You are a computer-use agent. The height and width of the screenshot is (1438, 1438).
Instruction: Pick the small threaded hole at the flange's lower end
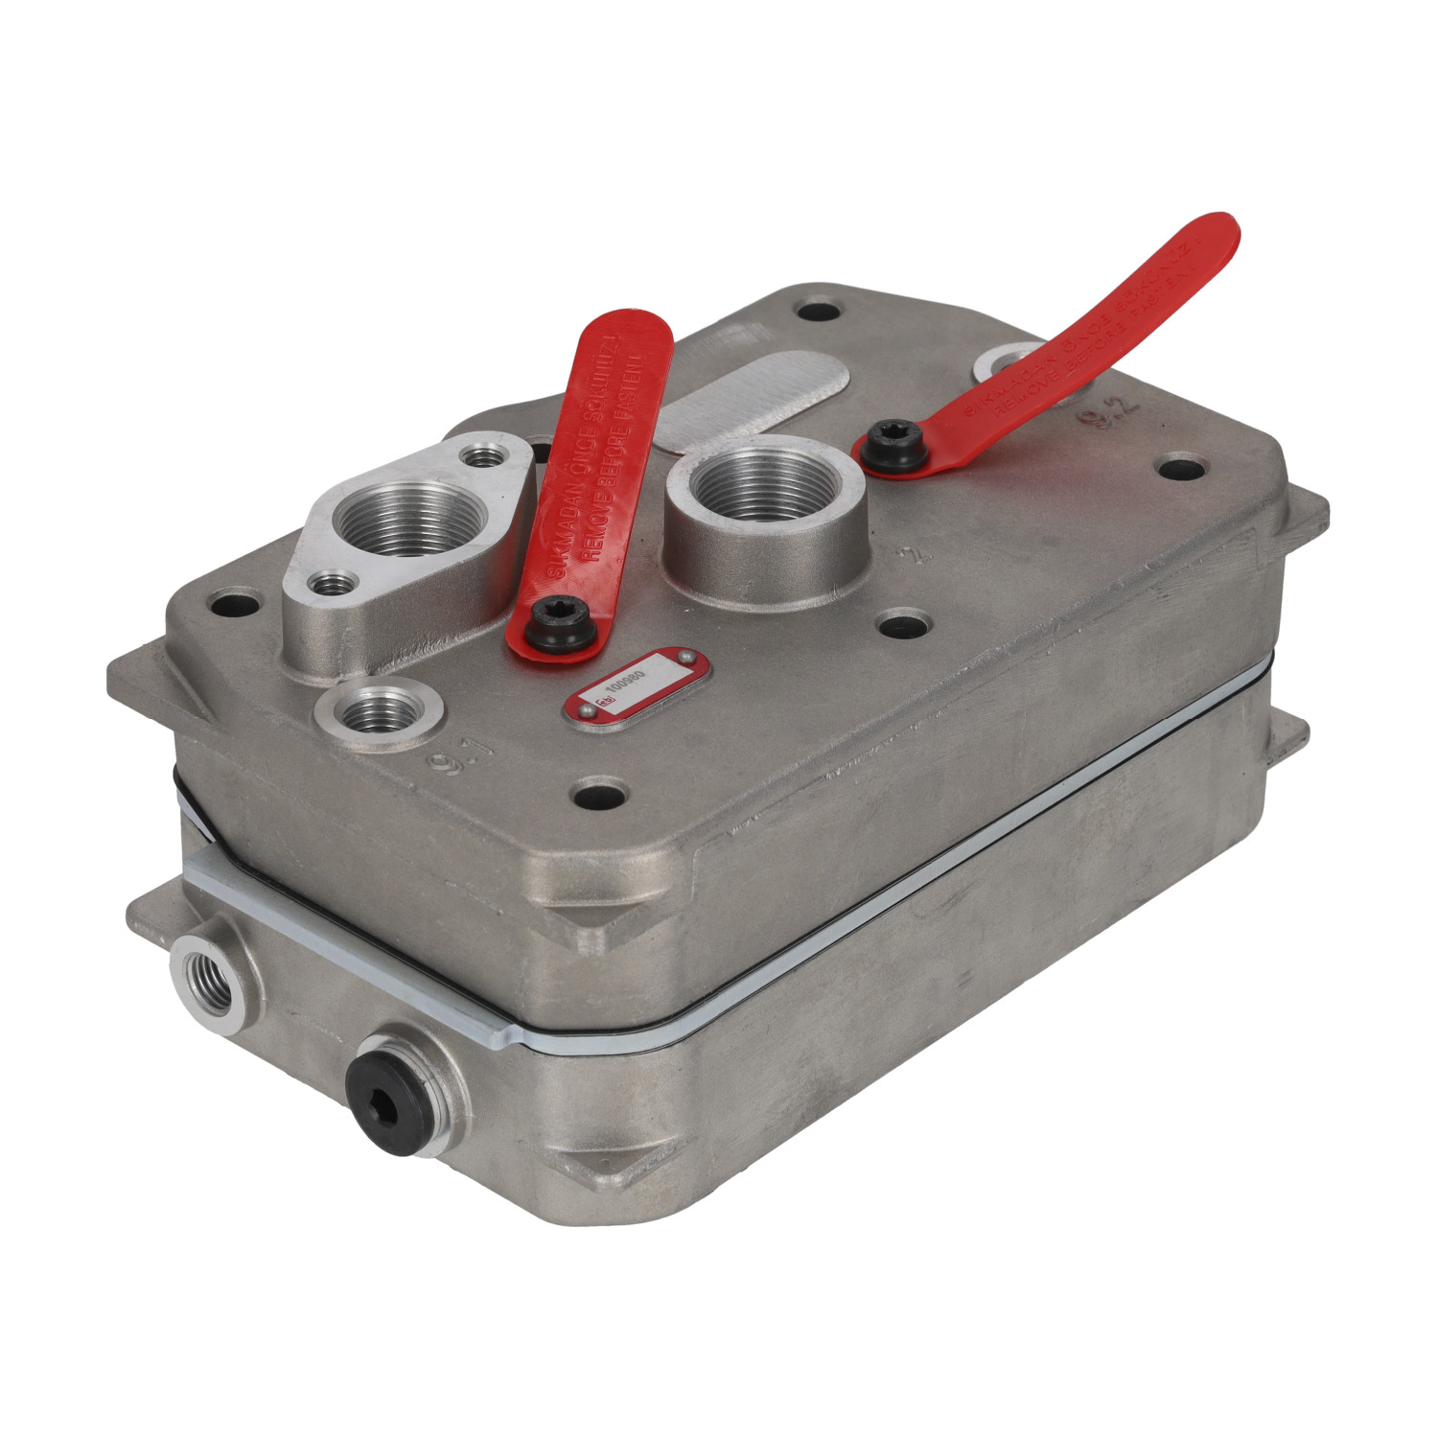point(332,581)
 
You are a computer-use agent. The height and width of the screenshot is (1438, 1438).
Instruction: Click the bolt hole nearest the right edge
point(1181,470)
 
